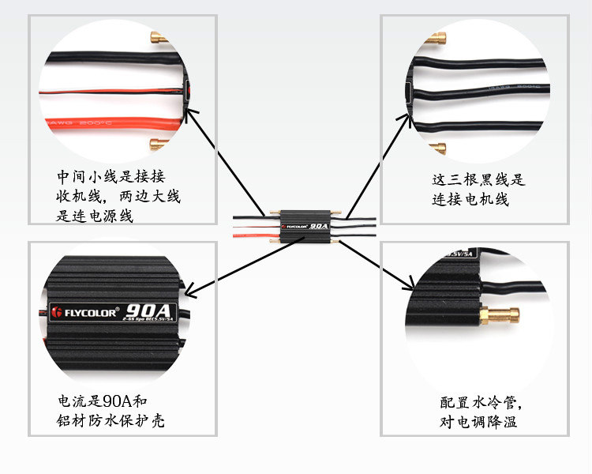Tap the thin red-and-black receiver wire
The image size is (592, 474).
click(x=103, y=93)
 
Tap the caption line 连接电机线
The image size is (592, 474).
click(x=470, y=200)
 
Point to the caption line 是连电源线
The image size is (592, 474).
click(x=94, y=215)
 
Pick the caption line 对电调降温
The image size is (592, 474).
click(x=478, y=422)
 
